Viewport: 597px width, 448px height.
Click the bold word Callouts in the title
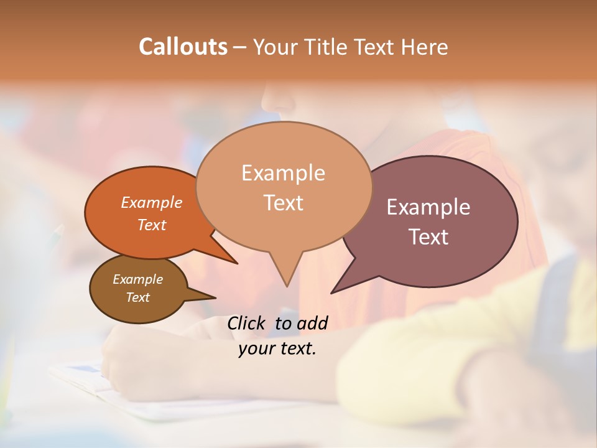pyautogui.click(x=183, y=47)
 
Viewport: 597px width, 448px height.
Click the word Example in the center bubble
pyautogui.click(x=283, y=173)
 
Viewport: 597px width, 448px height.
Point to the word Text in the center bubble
pyautogui.click(x=283, y=203)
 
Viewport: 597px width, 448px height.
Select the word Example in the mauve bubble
pyautogui.click(x=428, y=207)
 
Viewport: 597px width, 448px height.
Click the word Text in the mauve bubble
pyautogui.click(x=428, y=237)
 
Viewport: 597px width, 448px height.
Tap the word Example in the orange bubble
pyautogui.click(x=152, y=202)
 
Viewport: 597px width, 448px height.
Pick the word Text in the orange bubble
pyautogui.click(x=152, y=225)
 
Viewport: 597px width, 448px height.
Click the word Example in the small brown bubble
pyautogui.click(x=137, y=279)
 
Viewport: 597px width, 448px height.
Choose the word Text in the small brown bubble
pyautogui.click(x=137, y=297)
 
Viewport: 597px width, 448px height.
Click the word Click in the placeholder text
pyautogui.click(x=246, y=323)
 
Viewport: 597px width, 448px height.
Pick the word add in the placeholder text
pyautogui.click(x=312, y=323)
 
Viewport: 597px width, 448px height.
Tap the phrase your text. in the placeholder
pyautogui.click(x=277, y=348)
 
